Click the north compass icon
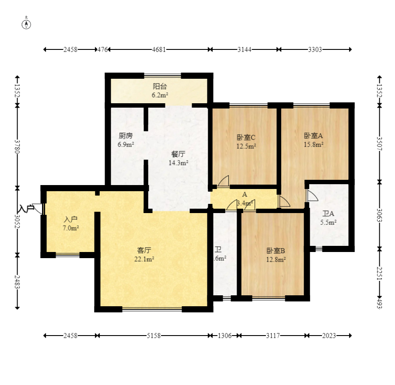coord(27,24)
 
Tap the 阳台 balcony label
coord(160,87)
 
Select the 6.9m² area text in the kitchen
coord(126,144)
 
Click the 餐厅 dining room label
coord(178,154)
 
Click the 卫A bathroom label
coord(328,214)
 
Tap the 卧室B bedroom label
coord(276,251)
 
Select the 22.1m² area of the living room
coord(144,259)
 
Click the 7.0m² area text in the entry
coord(71,228)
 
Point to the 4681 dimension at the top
coord(158,49)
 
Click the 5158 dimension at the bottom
coord(154,336)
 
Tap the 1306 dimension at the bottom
coord(224,336)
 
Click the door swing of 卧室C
coord(224,181)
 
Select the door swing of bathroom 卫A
coord(312,196)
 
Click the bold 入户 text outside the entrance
coord(26,209)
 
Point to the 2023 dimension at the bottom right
coord(329,336)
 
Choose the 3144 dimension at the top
coord(244,49)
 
